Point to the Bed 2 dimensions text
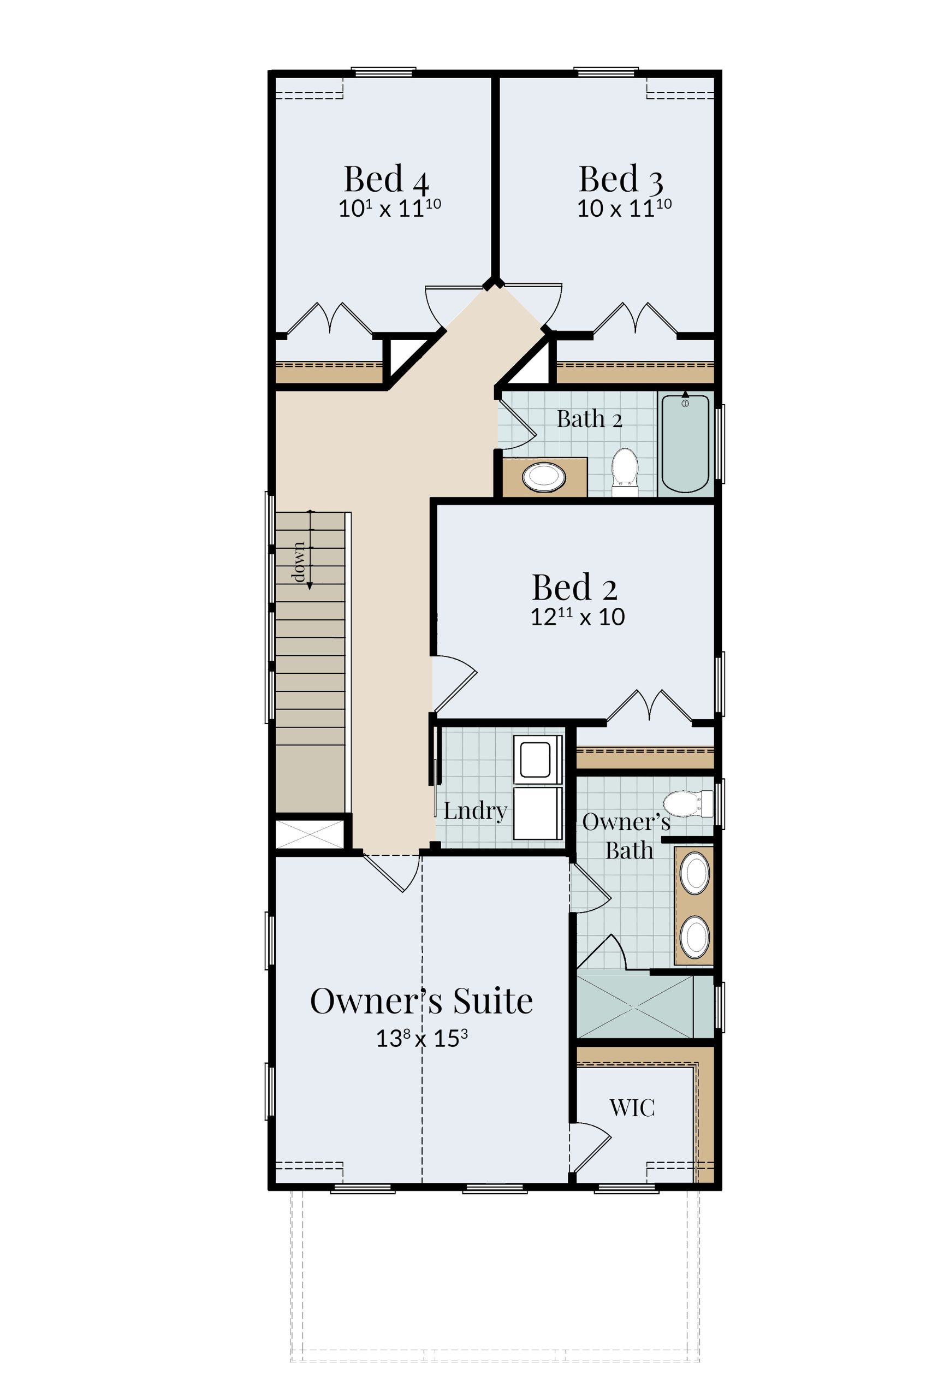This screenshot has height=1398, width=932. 577,617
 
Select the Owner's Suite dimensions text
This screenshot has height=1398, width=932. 422,1038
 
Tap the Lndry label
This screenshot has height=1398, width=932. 475,810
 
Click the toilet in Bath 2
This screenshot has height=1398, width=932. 625,472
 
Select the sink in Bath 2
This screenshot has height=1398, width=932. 543,477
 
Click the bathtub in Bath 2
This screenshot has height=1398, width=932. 685,443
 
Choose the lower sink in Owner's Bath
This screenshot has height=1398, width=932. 694,937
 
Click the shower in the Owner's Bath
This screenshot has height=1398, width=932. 635,1007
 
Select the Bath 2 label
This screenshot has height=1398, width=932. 589,419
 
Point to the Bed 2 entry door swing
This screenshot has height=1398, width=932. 455,684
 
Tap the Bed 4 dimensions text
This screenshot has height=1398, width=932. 389,209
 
